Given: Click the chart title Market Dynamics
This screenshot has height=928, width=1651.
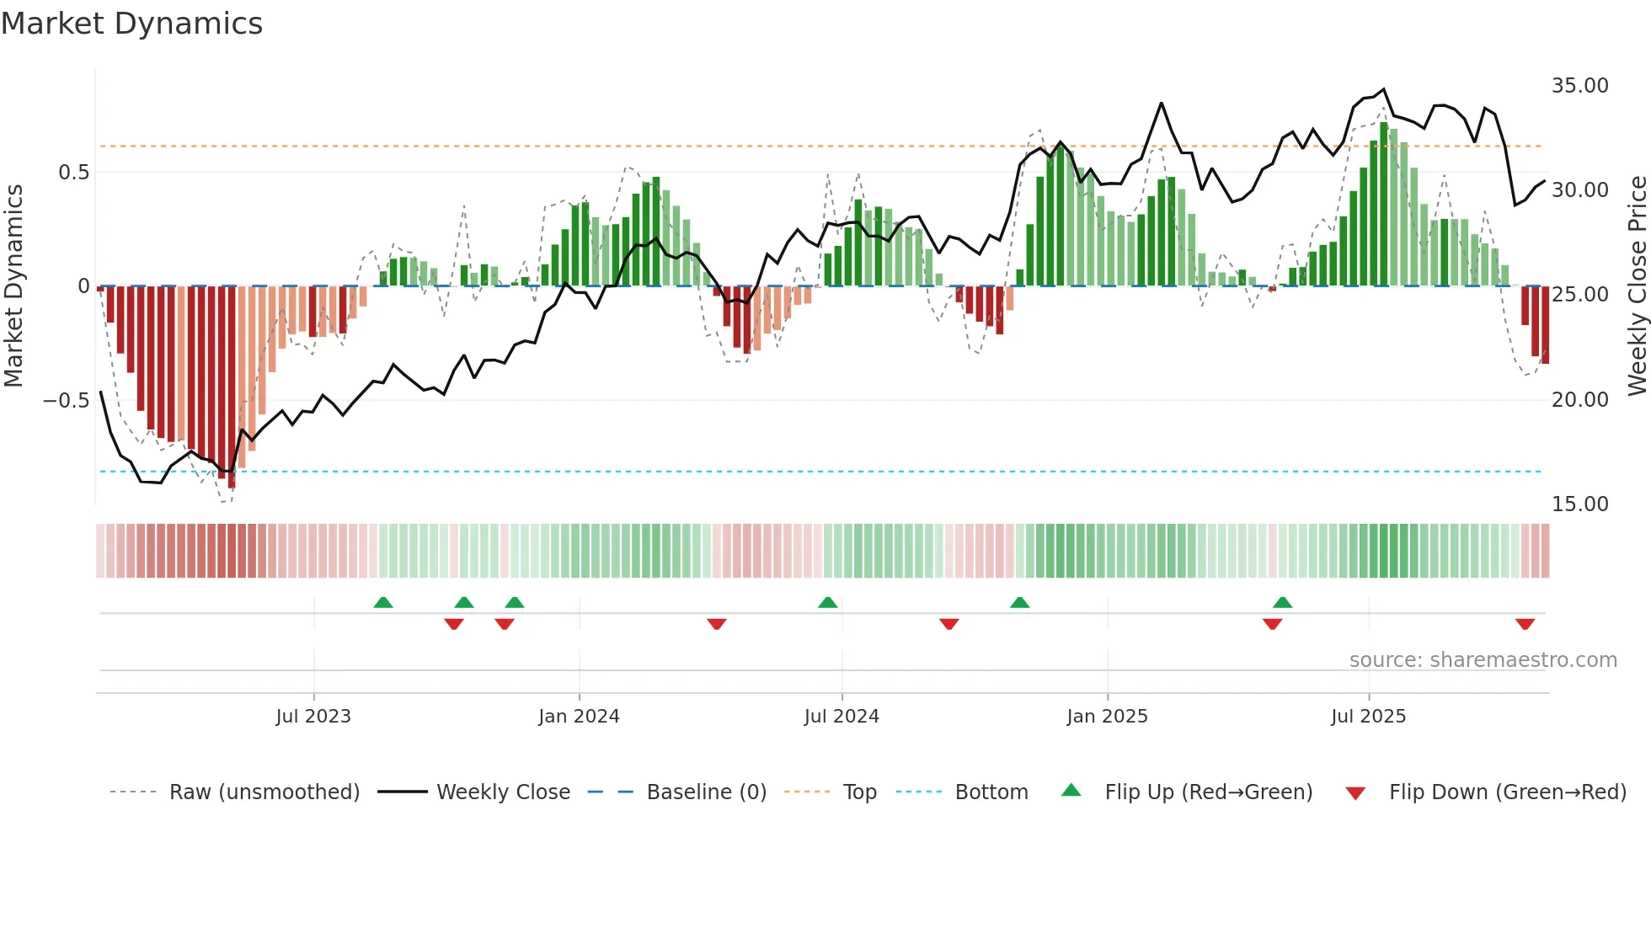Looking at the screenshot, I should coord(131,24).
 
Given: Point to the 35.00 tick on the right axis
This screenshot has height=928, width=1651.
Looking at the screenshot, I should coord(1579,86).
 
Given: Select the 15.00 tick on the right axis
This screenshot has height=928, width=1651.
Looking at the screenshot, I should coord(1579,504).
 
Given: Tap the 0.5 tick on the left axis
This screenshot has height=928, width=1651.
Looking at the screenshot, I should coord(73,173).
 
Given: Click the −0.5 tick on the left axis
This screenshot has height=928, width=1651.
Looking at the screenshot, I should coord(67,400).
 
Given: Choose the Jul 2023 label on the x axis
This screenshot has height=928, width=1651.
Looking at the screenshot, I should coord(313,717).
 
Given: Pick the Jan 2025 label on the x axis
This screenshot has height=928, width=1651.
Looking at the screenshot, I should coord(1107,717).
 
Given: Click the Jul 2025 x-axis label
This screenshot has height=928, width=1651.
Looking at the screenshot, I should coord(1368,717).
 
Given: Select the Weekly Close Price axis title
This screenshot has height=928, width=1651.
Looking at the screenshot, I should coord(1637,285).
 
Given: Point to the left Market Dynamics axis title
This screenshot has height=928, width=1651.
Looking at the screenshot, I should coord(13,285).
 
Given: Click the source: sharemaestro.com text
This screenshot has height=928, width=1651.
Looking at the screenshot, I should coord(1483,660).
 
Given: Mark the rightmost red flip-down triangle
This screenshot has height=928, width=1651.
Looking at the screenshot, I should coord(1525,624).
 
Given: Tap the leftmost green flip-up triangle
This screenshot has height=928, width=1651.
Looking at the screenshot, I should coord(383,602).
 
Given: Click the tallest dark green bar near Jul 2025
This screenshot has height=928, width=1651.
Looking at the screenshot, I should coord(1384,204).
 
